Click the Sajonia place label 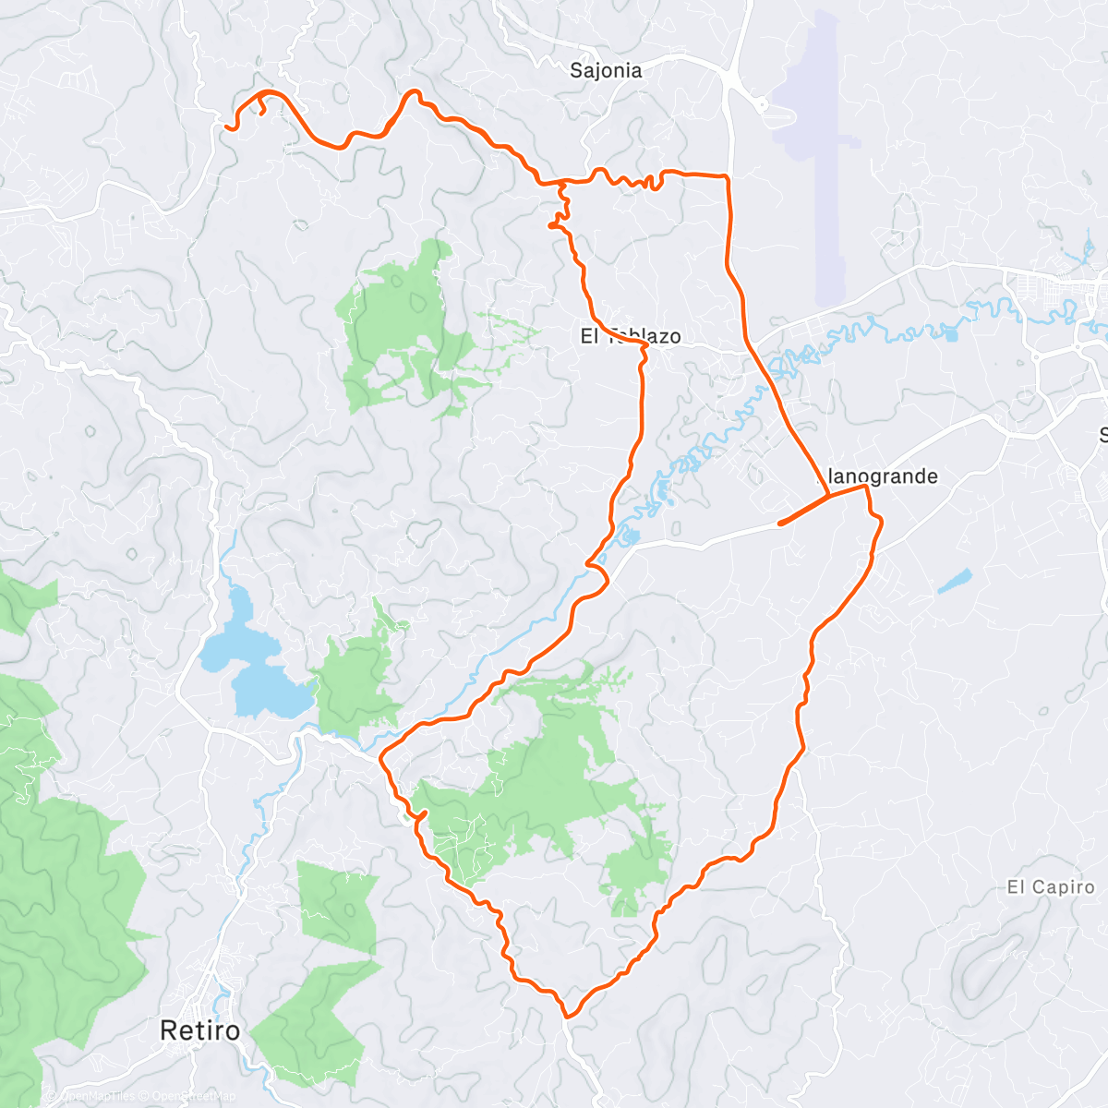click(x=606, y=70)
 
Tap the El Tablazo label click(x=631, y=336)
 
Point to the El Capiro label click(x=1050, y=887)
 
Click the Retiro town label click(x=199, y=1030)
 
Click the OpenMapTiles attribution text click(x=97, y=1097)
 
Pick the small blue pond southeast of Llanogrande click(x=955, y=581)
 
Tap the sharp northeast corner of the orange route click(x=728, y=175)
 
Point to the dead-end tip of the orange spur click(x=781, y=524)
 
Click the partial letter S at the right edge click(x=1102, y=435)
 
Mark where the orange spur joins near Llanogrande click(x=828, y=498)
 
